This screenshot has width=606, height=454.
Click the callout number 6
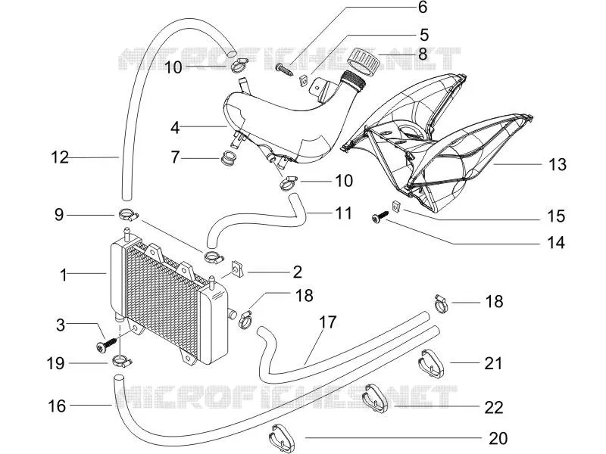[423, 8]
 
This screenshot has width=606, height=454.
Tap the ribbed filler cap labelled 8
[363, 61]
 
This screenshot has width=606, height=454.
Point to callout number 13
[557, 164]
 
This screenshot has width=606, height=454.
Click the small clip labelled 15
[396, 206]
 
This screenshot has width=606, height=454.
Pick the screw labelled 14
[380, 216]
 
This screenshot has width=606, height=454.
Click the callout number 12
[60, 157]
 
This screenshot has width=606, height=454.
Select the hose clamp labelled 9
[128, 214]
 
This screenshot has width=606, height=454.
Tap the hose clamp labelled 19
[122, 362]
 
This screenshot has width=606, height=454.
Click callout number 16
[57, 406]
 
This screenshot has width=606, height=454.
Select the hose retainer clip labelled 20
[281, 438]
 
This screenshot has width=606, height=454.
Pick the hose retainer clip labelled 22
[374, 397]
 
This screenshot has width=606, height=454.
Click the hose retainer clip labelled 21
[431, 362]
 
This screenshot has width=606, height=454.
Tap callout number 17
[328, 322]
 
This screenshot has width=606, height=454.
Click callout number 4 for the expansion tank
[175, 127]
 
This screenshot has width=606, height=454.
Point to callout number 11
[343, 213]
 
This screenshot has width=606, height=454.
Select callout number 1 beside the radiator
[64, 275]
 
